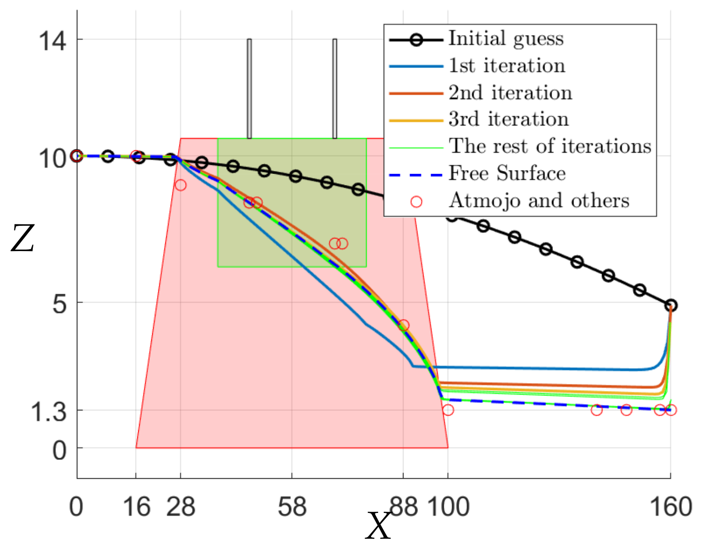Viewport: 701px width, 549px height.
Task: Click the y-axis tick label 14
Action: [x=52, y=40]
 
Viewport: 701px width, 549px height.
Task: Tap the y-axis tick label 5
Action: [x=60, y=304]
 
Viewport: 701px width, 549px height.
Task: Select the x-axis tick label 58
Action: [x=292, y=507]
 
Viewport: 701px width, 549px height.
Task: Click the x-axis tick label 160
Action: [x=671, y=507]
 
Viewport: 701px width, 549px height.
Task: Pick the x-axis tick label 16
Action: [x=136, y=507]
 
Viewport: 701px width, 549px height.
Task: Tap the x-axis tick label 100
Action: [x=448, y=507]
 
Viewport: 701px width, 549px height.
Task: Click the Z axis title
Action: [x=22, y=238]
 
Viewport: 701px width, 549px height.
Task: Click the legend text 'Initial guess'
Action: [x=506, y=39]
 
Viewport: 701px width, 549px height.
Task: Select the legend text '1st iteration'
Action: [x=507, y=66]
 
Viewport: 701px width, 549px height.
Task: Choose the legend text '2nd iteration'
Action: [x=510, y=93]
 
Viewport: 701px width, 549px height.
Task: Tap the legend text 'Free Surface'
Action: [x=507, y=174]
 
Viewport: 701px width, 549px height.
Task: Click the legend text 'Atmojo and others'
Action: [x=539, y=201]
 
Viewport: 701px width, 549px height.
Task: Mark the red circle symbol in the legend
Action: [x=416, y=201]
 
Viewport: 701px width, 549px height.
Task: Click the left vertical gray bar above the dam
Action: [x=249, y=89]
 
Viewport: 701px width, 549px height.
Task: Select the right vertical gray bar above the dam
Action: [x=335, y=89]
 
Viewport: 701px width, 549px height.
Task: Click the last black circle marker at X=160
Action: [x=671, y=305]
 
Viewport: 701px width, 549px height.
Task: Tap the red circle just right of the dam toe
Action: [x=448, y=410]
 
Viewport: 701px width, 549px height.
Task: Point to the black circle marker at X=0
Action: [x=77, y=156]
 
